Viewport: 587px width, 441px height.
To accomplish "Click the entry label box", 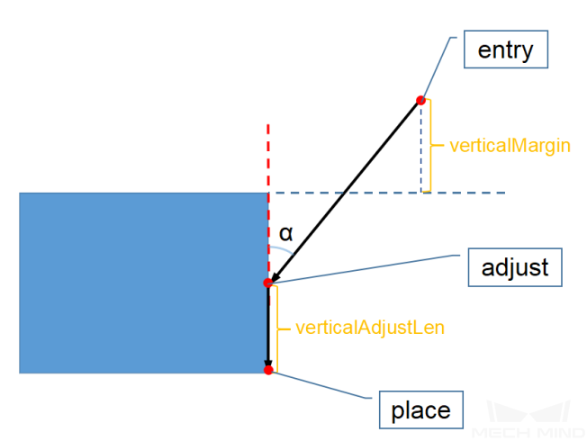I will (505, 50).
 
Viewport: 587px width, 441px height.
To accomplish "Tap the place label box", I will (420, 411).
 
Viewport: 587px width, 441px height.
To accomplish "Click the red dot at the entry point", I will (420, 101).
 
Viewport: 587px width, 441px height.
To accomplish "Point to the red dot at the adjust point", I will (267, 283).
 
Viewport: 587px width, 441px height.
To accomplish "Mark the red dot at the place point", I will (268, 370).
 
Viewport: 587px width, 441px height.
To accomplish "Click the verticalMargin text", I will (510, 144).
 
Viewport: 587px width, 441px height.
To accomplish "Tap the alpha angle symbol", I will (285, 233).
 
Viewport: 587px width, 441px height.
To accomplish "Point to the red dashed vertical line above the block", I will (267, 157).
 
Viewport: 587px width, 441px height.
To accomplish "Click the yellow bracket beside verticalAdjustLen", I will (276, 328).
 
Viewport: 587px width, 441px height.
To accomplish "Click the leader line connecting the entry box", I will (442, 68).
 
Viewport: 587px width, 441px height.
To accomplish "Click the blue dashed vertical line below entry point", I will (420, 148).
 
